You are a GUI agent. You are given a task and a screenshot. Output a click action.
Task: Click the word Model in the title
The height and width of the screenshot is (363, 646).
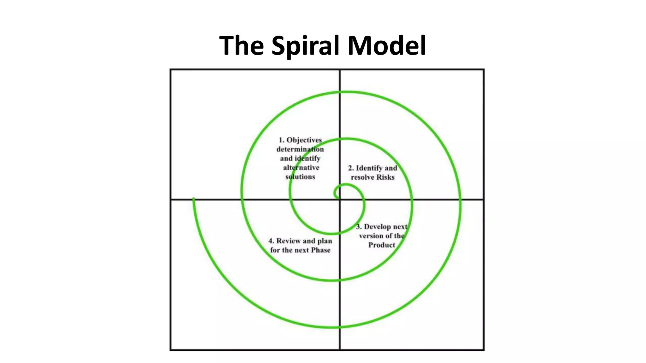click(x=387, y=45)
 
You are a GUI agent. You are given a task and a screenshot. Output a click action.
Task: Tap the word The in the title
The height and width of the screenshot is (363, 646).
click(x=241, y=45)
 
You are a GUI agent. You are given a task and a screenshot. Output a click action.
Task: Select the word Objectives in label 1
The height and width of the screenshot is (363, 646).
click(x=304, y=140)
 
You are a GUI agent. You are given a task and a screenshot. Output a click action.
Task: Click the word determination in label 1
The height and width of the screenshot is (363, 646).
click(x=300, y=149)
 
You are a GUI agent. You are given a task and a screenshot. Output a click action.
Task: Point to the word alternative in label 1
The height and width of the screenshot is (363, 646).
click(x=301, y=168)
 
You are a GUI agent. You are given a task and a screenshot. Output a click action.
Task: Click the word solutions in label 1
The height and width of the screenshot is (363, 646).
click(x=300, y=177)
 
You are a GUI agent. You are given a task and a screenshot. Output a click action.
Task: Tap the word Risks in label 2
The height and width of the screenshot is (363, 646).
click(x=385, y=177)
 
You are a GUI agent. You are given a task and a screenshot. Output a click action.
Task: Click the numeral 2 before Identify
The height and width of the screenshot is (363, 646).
click(x=350, y=168)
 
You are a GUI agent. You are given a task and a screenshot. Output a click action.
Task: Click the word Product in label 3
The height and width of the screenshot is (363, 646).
click(x=382, y=245)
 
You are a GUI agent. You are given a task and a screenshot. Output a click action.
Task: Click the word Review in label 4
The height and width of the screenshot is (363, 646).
click(x=288, y=241)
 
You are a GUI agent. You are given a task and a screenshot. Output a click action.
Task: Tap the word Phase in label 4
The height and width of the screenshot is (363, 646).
click(x=320, y=250)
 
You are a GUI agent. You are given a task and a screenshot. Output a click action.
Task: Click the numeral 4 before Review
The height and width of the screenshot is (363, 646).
click(x=271, y=241)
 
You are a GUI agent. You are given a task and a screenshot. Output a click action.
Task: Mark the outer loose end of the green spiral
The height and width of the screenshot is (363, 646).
click(x=193, y=199)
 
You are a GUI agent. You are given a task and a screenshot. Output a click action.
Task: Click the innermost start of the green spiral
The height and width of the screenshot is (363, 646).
click(x=338, y=198)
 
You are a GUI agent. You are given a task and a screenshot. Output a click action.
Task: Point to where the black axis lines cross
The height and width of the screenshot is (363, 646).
click(x=340, y=199)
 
